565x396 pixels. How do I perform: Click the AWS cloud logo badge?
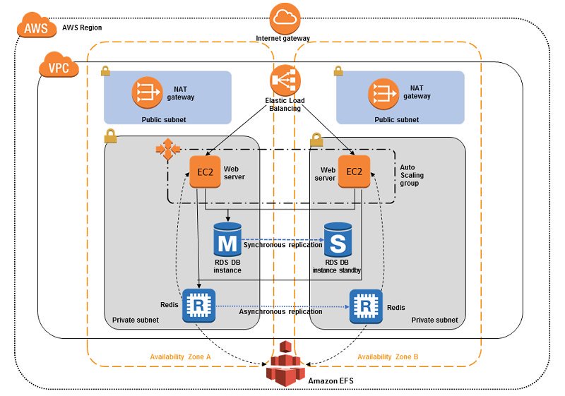[32, 28]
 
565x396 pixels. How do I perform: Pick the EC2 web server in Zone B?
[355, 172]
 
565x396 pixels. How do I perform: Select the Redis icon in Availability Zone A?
[198, 306]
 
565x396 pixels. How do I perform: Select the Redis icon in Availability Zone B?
[366, 306]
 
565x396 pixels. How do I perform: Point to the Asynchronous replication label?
[281, 311]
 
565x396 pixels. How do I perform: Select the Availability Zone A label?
[180, 356]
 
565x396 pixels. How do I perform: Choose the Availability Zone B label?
[388, 356]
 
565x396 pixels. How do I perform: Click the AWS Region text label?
[82, 27]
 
